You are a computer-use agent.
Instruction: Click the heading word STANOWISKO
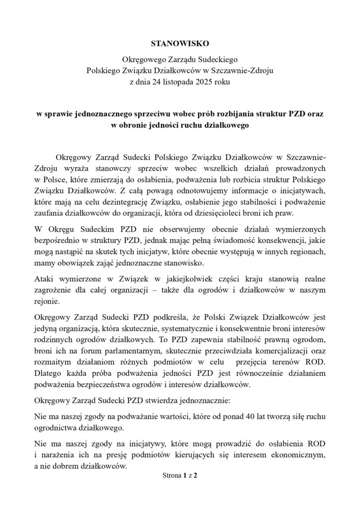180,43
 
